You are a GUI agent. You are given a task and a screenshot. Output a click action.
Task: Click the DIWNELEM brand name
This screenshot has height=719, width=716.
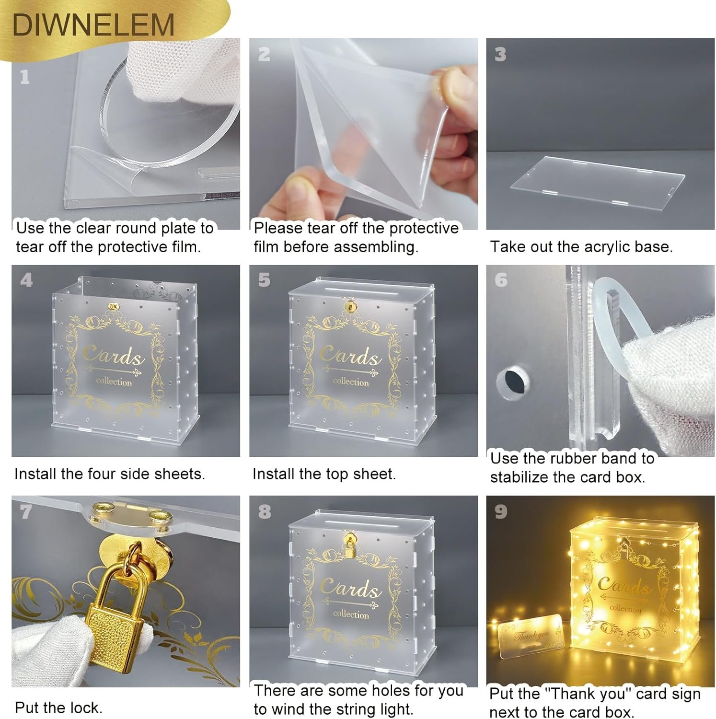click(x=93, y=25)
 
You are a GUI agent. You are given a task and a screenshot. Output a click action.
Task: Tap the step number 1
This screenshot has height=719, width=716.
click(x=25, y=77)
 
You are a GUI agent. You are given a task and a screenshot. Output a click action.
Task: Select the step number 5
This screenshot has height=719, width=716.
click(x=264, y=280)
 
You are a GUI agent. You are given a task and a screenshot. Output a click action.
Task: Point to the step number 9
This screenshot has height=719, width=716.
click(x=501, y=511)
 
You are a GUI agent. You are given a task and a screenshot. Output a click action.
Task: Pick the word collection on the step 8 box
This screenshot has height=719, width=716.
click(x=351, y=614)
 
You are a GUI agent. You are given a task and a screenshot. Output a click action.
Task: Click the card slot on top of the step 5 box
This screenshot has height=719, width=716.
click(x=355, y=290)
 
